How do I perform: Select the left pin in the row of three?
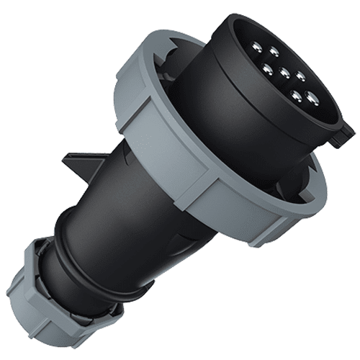point(267,69)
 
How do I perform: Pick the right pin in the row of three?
point(300,75)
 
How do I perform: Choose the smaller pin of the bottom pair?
point(295,94)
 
